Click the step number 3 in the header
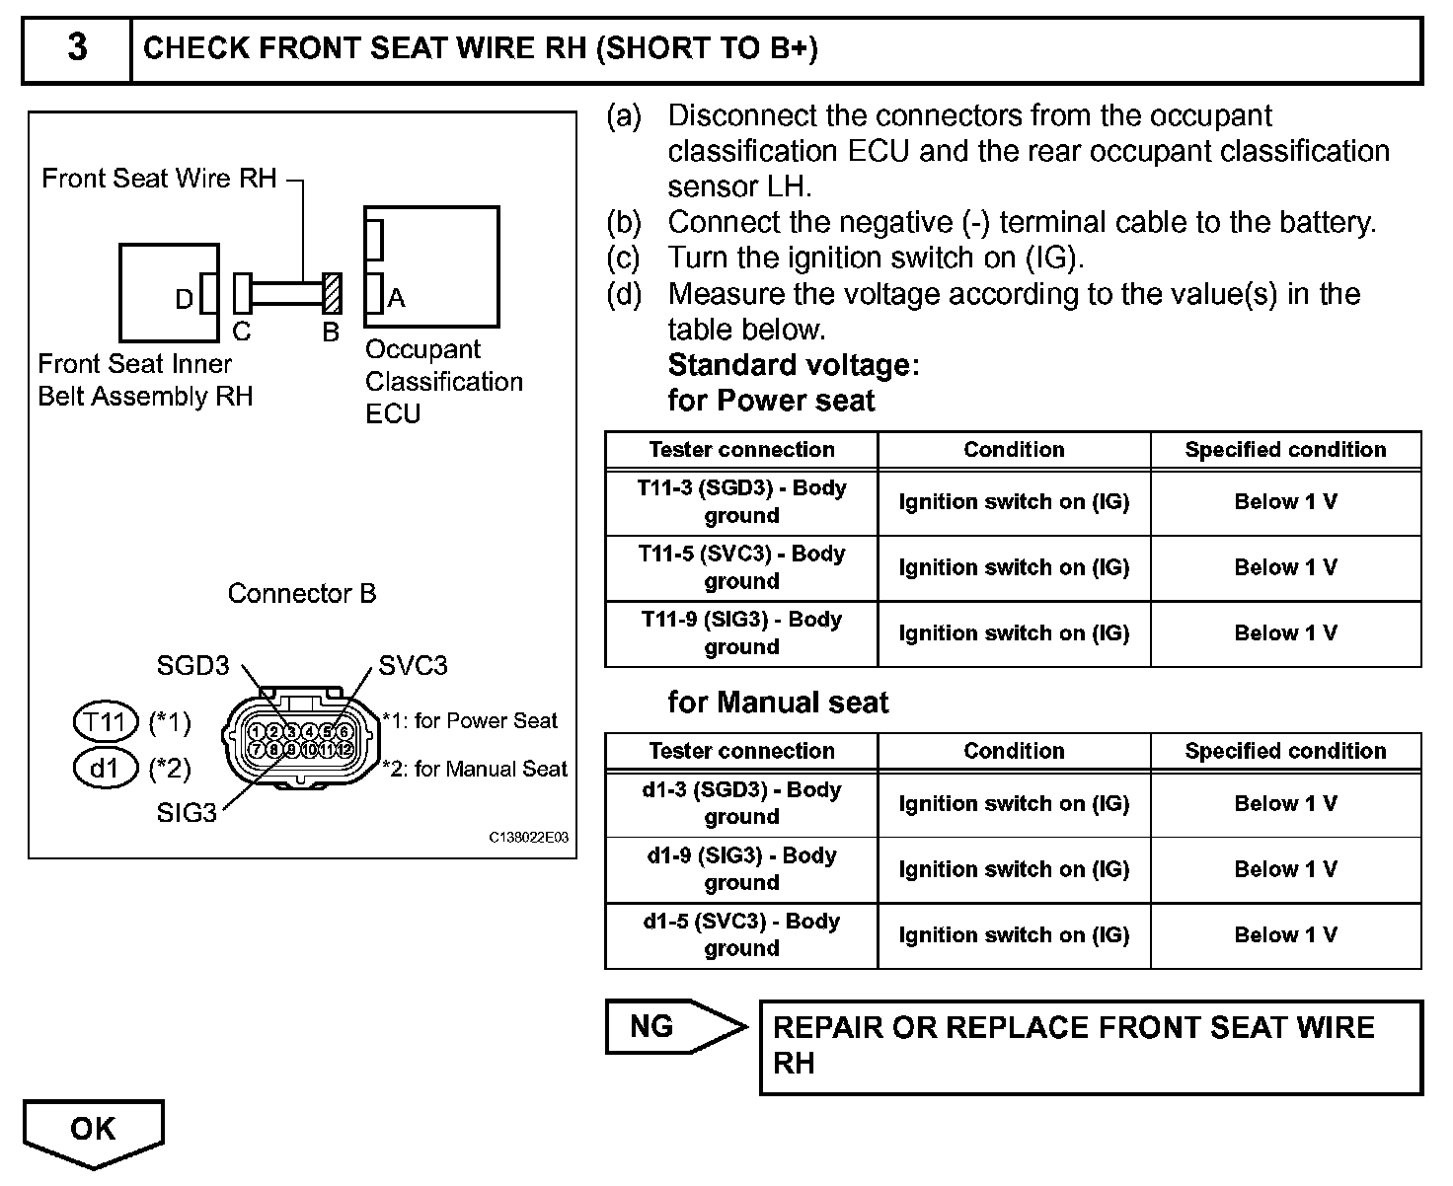(x=77, y=48)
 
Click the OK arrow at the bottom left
(x=93, y=1131)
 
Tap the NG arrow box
(x=671, y=1027)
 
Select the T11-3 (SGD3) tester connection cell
(x=741, y=501)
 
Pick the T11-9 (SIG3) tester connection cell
(x=741, y=633)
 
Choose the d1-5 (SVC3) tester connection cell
(x=741, y=934)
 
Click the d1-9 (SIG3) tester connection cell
(x=741, y=869)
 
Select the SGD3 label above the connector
(x=192, y=666)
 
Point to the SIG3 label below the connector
(x=186, y=813)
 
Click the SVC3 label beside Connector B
(x=413, y=666)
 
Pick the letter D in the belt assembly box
(x=185, y=299)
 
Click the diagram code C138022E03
(x=529, y=837)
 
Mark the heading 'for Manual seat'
(x=778, y=703)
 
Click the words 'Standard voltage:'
(x=794, y=365)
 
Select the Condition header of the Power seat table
(x=1014, y=450)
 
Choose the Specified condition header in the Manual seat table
(x=1285, y=751)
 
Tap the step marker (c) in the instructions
(x=623, y=259)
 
